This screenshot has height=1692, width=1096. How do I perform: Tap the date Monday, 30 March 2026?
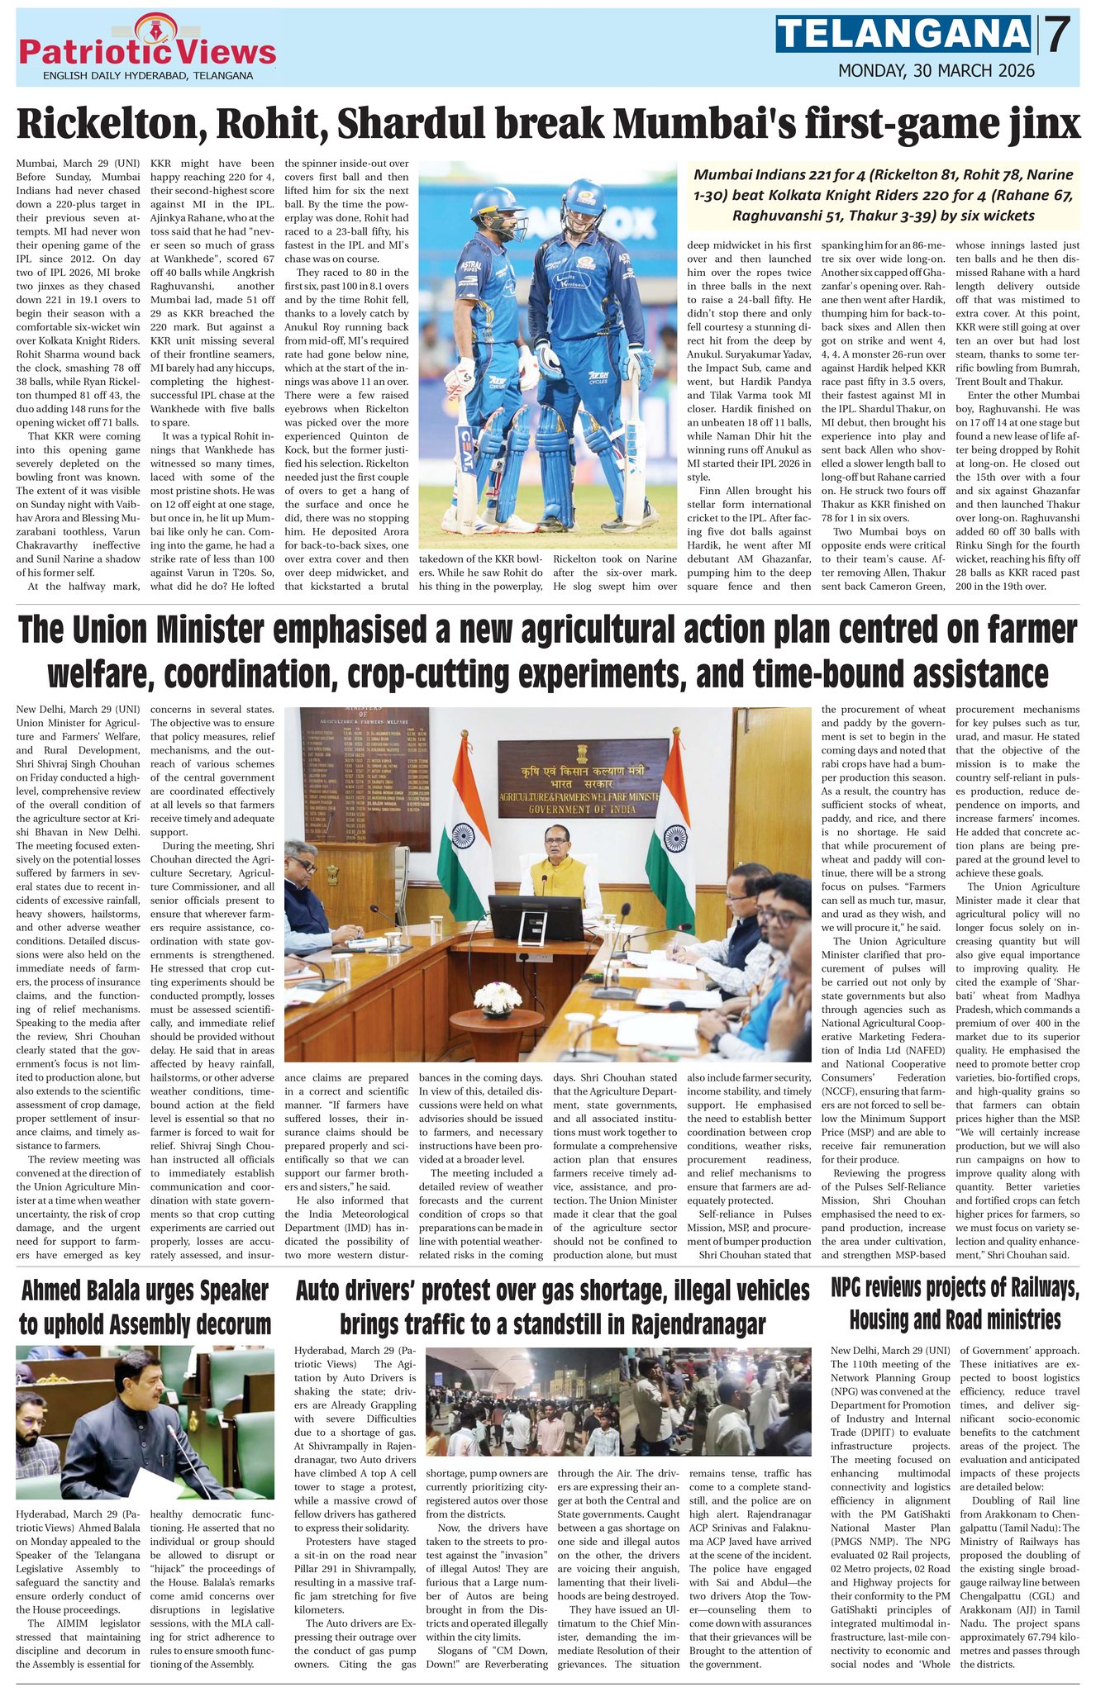(936, 71)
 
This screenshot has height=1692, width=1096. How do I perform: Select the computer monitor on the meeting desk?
(523, 915)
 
